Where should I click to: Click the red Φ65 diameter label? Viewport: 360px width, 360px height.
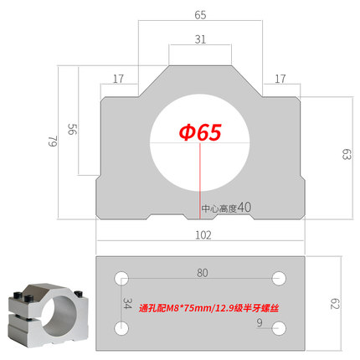click(x=199, y=132)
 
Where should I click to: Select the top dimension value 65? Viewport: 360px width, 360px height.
click(x=199, y=14)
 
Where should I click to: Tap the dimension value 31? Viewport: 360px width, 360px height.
click(x=199, y=39)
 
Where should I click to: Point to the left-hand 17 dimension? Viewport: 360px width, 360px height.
click(x=117, y=79)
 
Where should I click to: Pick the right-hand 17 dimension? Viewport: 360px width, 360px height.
click(x=280, y=79)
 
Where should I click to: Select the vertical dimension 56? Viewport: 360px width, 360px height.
click(x=72, y=131)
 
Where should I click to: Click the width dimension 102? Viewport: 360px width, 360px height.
click(x=202, y=235)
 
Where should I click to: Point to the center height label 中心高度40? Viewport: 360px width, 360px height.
click(x=226, y=207)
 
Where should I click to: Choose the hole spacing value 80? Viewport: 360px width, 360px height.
click(x=202, y=272)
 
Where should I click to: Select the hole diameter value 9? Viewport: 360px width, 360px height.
click(x=260, y=321)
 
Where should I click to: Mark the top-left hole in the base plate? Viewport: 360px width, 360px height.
click(x=122, y=277)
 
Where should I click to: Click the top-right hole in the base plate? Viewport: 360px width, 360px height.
click(x=280, y=277)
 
